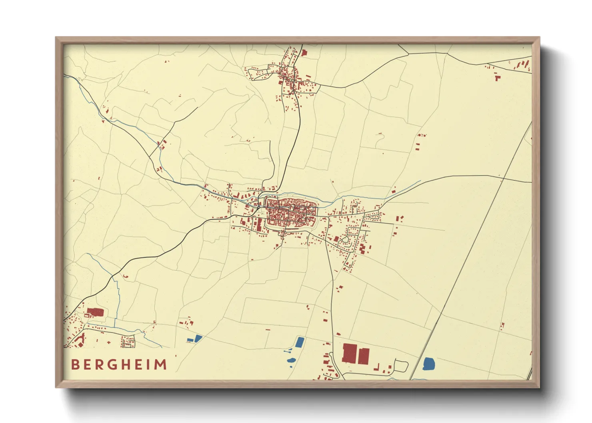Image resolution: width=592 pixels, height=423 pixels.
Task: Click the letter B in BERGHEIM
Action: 75,365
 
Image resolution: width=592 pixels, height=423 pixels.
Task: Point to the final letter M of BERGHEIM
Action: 160,365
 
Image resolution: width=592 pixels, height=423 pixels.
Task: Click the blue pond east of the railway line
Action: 428,363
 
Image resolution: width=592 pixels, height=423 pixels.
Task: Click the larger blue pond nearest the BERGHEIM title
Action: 198,339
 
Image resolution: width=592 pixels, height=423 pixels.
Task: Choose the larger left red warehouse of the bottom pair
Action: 350,353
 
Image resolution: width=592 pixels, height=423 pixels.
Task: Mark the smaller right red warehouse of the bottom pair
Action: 364,355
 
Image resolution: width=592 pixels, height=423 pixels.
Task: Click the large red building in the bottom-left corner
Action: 95,312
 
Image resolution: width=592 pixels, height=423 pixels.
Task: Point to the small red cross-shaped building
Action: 109,342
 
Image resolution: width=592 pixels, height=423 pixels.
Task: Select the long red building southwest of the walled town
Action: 259,224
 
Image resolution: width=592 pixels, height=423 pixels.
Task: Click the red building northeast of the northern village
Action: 304,52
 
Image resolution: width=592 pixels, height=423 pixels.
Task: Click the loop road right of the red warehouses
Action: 400,365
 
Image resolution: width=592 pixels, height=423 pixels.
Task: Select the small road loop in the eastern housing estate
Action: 344,239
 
